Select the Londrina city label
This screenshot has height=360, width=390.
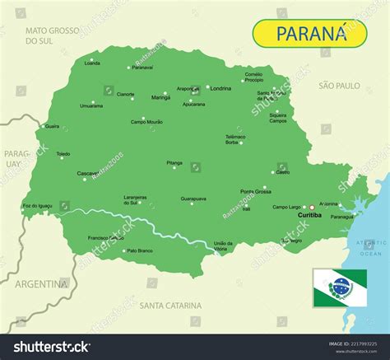221,88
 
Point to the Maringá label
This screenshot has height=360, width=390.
160,97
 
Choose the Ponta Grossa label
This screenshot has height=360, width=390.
255,191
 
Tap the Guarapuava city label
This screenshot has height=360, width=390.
193,199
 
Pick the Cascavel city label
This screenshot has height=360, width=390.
87,174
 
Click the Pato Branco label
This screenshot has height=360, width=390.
140,250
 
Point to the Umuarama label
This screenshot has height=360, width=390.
91,105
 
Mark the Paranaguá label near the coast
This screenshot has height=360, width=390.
341,217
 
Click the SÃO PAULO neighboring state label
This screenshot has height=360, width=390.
340,85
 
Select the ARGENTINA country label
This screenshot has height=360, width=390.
39,283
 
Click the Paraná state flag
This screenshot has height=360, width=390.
338,287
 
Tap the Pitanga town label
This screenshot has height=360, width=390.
174,164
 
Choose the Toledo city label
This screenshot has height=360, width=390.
63,154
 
